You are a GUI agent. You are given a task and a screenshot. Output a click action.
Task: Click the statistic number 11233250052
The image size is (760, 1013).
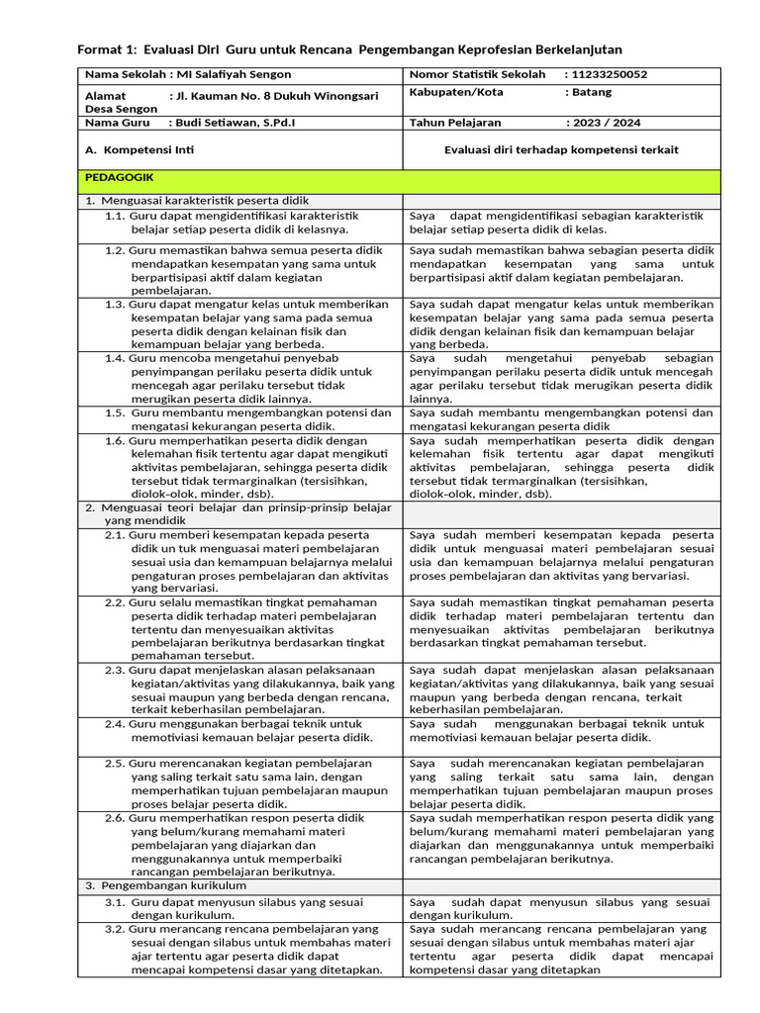tap(606, 74)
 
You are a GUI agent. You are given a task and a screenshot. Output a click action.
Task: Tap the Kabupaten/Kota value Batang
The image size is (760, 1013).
tap(590, 92)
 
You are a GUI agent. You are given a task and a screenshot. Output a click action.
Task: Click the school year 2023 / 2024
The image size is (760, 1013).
tap(603, 123)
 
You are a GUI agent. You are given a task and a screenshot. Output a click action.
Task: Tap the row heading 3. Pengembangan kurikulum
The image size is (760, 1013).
tap(158, 885)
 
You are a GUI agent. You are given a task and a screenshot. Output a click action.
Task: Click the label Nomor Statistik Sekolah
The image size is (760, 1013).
tap(477, 74)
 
